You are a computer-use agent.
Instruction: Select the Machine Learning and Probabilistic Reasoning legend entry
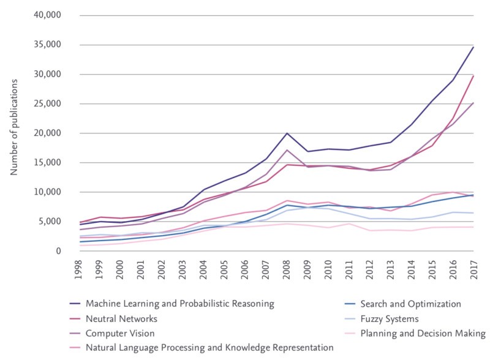179,304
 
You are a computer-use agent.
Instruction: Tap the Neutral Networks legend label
122,318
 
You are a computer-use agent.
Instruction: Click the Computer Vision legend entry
120,334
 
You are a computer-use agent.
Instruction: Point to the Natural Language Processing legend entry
209,348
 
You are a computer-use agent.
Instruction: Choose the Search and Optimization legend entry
410,304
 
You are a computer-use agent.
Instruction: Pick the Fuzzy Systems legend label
389,318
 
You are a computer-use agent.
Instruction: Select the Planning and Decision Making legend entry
423,334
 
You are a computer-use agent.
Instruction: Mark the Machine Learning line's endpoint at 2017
473,47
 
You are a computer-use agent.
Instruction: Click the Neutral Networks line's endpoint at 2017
473,76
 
